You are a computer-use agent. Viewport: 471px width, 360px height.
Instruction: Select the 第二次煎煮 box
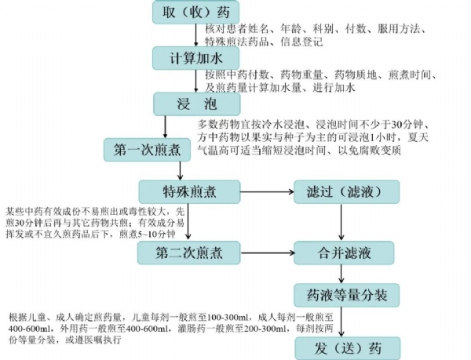[x=180, y=253]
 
